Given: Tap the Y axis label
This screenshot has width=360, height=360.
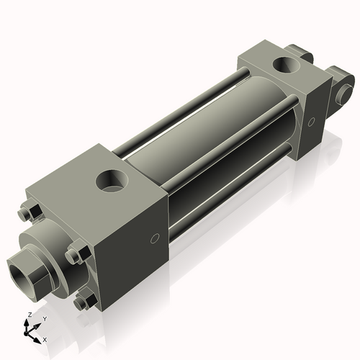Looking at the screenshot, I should click(44, 318).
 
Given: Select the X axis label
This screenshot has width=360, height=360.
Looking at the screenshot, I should click(45, 338).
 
